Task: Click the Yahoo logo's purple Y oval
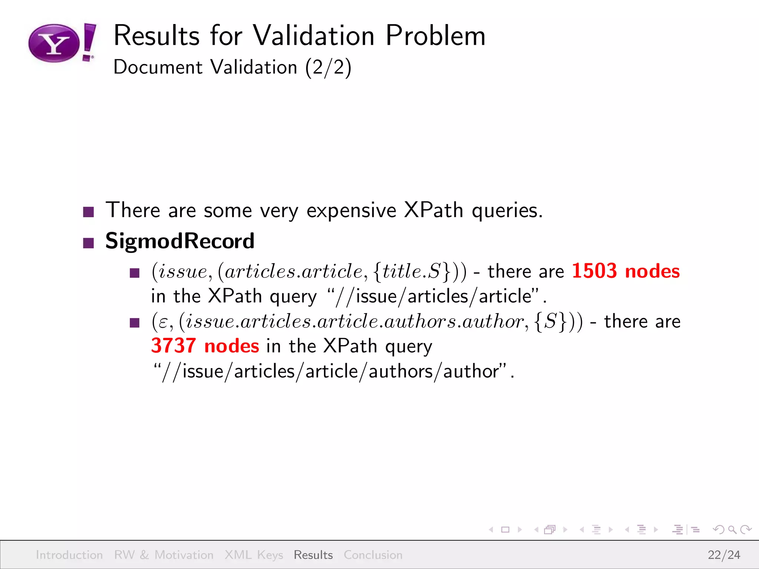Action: [x=54, y=43]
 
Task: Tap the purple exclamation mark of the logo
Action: [x=89, y=41]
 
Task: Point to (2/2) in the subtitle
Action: [x=328, y=67]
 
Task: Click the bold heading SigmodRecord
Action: [x=180, y=241]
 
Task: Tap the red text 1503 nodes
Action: [x=626, y=271]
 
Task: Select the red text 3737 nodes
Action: [x=205, y=346]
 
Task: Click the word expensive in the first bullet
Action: [x=351, y=210]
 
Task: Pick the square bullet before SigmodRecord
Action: [x=88, y=243]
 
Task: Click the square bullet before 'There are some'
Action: [x=88, y=212]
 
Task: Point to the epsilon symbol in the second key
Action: [x=163, y=322]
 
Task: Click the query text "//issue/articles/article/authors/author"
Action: [x=334, y=371]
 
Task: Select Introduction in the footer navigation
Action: [x=69, y=555]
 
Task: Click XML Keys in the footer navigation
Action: [x=254, y=555]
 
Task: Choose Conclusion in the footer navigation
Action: [x=373, y=555]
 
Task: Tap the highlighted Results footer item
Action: [x=313, y=555]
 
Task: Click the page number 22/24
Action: [x=724, y=555]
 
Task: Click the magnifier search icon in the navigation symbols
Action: [x=732, y=530]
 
